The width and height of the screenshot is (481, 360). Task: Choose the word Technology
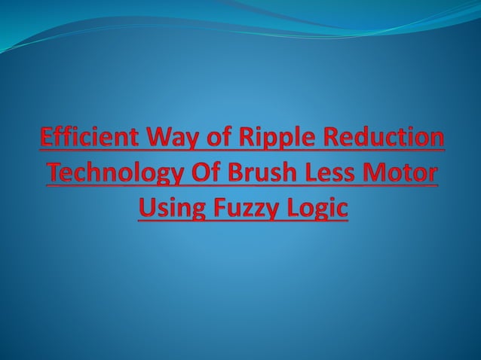pos(109,174)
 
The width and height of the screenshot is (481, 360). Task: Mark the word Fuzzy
pos(245,206)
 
